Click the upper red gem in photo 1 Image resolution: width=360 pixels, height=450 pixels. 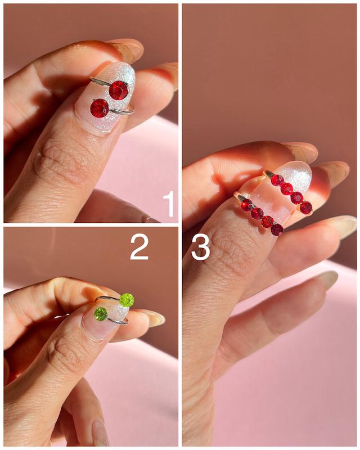pos(118,90)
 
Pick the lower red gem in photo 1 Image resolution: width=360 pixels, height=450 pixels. pos(100,108)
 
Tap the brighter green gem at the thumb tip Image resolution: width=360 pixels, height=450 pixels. pos(127,300)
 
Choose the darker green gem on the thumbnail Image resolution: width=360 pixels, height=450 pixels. pos(101,314)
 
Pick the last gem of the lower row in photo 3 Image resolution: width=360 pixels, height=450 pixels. pos(277,229)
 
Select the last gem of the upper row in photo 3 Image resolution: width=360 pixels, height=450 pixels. pos(307,208)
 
